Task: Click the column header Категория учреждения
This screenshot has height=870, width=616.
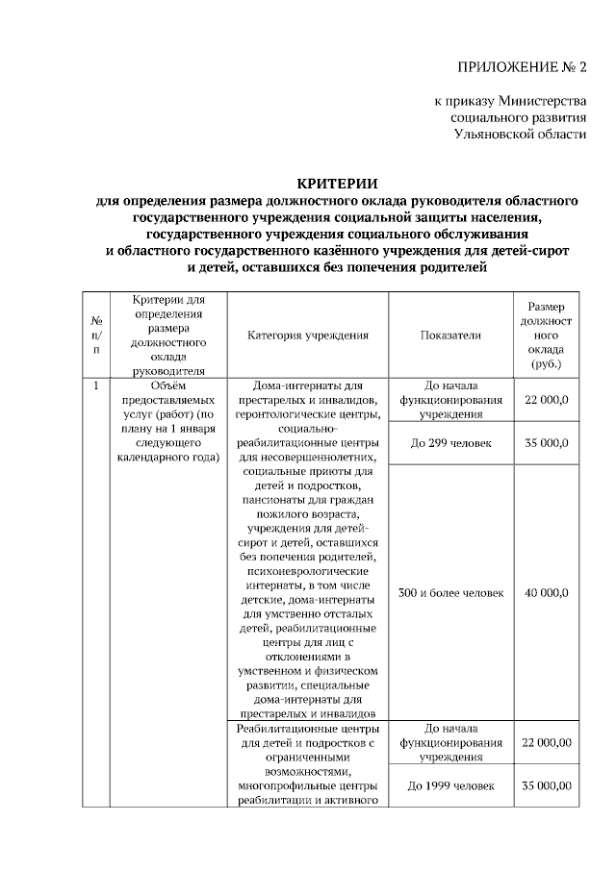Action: (308, 336)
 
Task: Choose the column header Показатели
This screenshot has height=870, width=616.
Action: (450, 336)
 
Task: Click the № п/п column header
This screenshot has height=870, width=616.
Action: (96, 336)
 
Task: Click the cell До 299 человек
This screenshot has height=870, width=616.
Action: (450, 443)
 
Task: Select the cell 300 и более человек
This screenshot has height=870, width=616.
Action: (450, 593)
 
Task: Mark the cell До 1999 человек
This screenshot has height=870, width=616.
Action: (450, 785)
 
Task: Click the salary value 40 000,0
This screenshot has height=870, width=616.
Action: (546, 593)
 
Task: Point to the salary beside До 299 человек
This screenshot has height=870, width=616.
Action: (546, 443)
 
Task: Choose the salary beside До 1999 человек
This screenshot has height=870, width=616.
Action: (547, 785)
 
